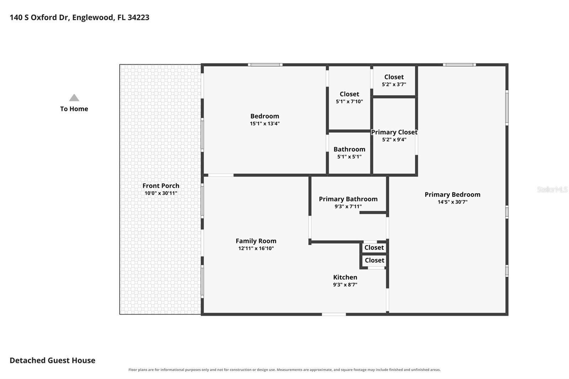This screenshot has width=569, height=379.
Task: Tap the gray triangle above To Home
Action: coord(74,97)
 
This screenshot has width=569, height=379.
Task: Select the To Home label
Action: coord(74,109)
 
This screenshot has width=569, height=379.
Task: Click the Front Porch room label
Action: coord(161,186)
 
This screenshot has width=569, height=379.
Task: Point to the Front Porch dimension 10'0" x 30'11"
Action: coord(161,193)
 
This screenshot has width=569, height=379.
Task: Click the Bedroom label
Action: coord(265,116)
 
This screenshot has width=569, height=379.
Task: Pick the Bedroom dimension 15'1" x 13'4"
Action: coord(265,123)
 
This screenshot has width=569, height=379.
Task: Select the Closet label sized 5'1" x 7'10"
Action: coord(349,94)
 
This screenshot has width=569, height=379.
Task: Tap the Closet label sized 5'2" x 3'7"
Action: coord(394,77)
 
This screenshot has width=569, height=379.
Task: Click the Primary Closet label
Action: coord(394,132)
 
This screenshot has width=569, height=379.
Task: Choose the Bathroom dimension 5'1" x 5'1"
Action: coord(349,157)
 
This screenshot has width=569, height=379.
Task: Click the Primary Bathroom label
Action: coord(348,199)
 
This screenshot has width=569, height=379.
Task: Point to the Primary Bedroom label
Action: coord(452,194)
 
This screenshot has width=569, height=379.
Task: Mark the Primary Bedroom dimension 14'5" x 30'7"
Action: coord(452,202)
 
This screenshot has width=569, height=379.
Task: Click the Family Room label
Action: coord(256,241)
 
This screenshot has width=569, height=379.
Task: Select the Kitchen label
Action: coord(345,277)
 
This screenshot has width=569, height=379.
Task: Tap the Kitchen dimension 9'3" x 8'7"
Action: coord(345,284)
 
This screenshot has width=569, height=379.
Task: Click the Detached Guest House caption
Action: coord(53,360)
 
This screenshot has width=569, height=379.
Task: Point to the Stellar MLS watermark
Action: coord(552,189)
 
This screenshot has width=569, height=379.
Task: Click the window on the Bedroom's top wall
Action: coord(265,65)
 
